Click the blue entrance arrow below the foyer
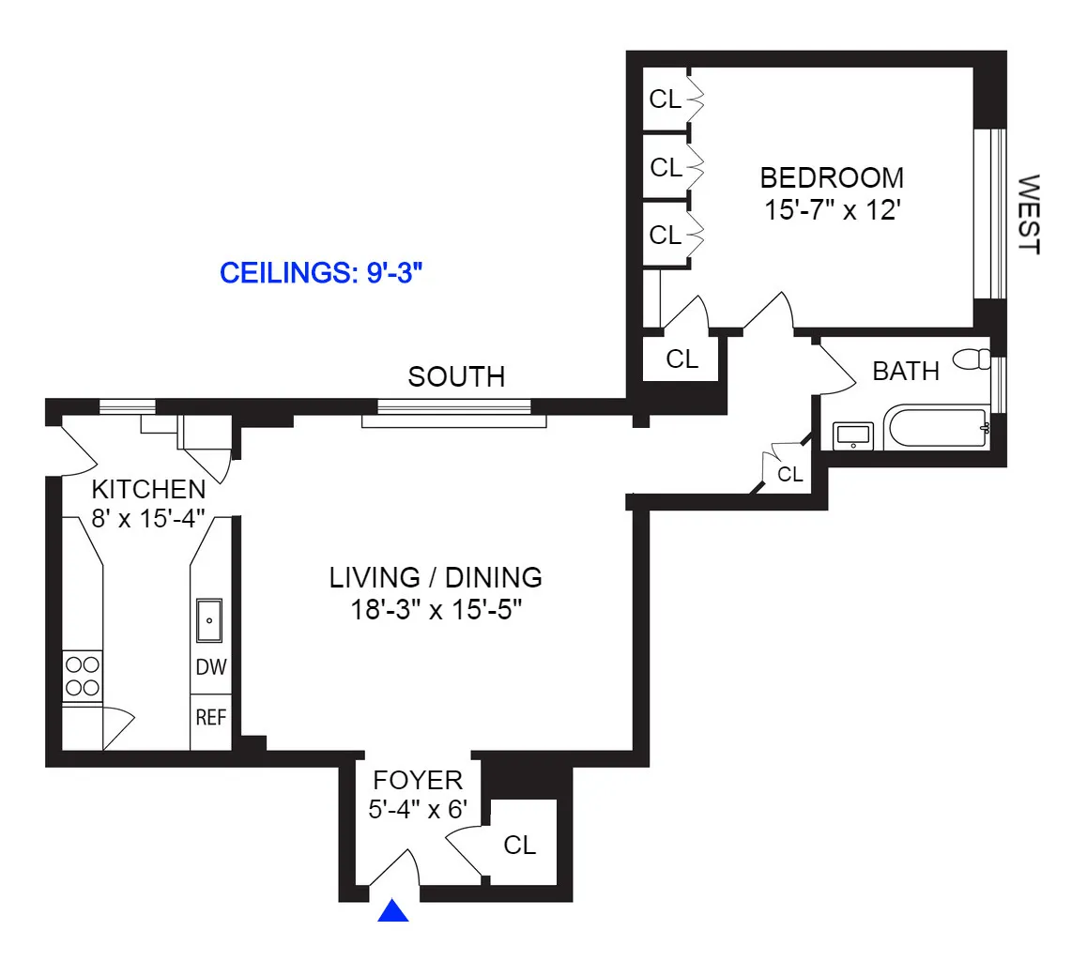(393, 911)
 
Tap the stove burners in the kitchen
(82, 676)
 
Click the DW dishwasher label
(211, 667)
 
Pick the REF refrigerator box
(211, 718)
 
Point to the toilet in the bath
(972, 358)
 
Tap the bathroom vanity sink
(853, 435)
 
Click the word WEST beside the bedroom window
(1030, 214)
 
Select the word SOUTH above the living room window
(456, 377)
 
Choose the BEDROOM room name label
(832, 177)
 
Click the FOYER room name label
(418, 780)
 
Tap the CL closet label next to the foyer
(519, 845)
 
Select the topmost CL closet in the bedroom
(666, 99)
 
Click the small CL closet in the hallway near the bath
(790, 475)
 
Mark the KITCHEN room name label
(147, 489)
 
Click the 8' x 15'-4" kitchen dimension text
(148, 518)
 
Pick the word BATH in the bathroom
(906, 372)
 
